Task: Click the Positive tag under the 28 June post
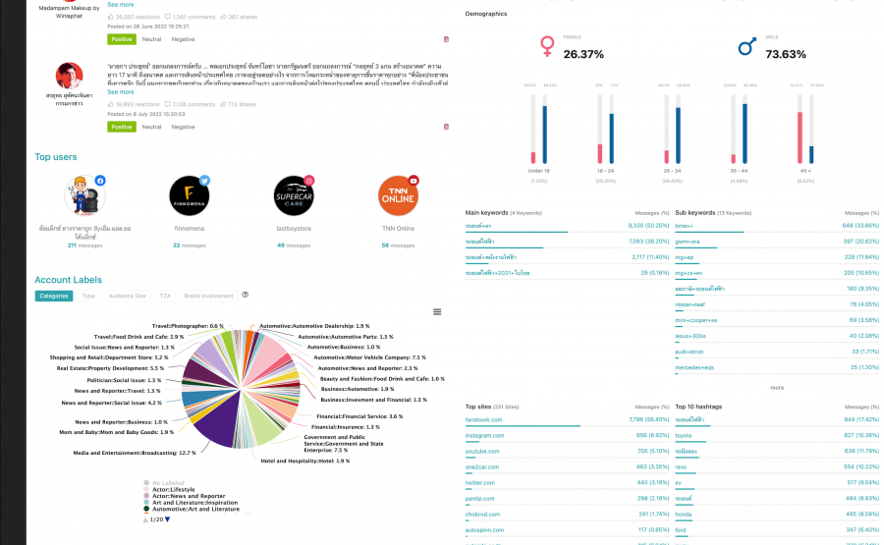point(121,39)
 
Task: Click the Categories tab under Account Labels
point(54,295)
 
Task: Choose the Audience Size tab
point(127,295)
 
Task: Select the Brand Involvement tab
point(209,295)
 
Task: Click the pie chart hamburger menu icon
point(437,311)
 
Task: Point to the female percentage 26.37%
point(583,54)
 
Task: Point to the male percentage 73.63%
point(786,54)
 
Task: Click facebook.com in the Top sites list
point(483,419)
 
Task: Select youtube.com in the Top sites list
point(481,451)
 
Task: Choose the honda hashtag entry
point(684,514)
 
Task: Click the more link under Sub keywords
point(777,387)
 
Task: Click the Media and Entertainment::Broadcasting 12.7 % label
point(135,453)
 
